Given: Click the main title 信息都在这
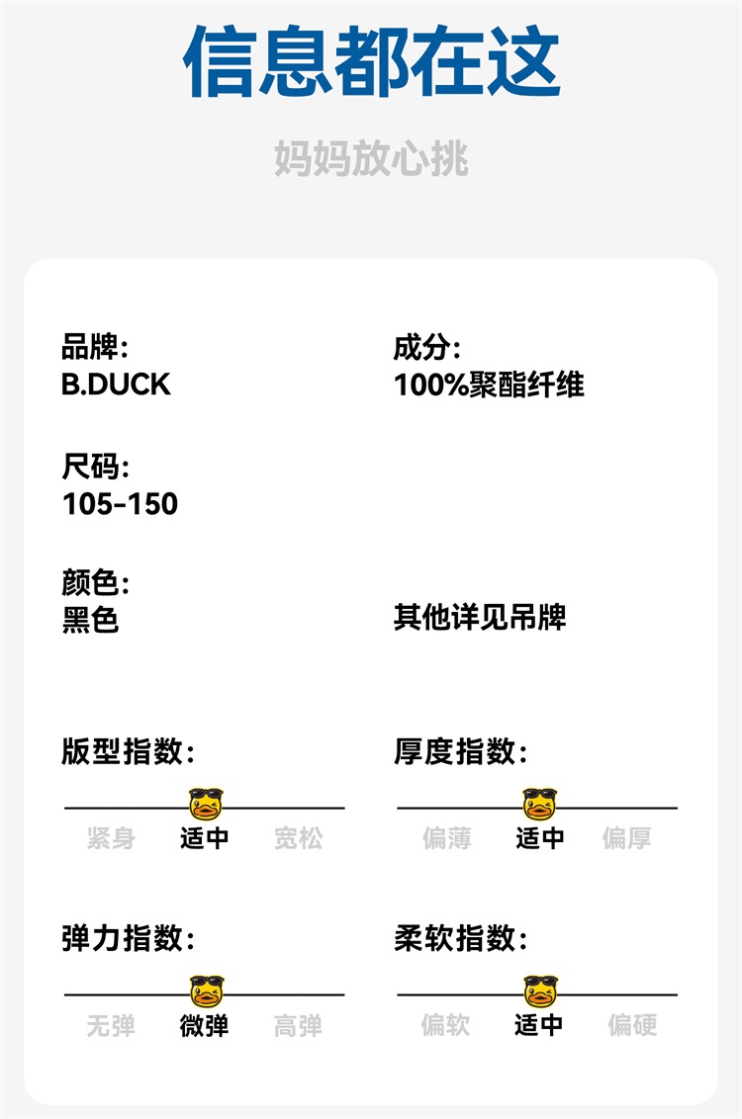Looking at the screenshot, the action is [x=372, y=61].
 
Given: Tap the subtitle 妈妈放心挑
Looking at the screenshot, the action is [x=371, y=159].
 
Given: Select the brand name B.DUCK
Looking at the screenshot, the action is [x=116, y=385].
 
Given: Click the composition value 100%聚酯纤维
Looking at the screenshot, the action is [x=489, y=385].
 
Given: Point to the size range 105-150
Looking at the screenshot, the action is [x=120, y=503].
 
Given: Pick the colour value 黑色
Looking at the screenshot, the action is [x=90, y=620].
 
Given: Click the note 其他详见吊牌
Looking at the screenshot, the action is [x=480, y=619].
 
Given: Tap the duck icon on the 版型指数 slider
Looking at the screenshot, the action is [x=206, y=804].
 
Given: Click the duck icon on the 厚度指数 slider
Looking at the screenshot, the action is [x=539, y=804].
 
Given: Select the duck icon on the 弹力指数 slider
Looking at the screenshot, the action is [x=207, y=990].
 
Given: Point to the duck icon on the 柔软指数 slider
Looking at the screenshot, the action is [x=540, y=990].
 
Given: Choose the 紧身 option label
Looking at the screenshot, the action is [x=111, y=839].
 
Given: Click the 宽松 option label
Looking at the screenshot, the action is [x=298, y=839].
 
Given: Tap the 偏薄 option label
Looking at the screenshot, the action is [x=446, y=839].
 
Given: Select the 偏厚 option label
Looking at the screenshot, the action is [x=627, y=839].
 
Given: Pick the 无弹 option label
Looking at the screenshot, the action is [x=111, y=1026].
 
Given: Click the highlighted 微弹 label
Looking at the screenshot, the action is [x=205, y=1026].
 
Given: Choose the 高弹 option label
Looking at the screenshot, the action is [x=298, y=1026].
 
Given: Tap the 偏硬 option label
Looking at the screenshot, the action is [x=632, y=1025].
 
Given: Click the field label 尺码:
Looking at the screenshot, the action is [x=95, y=467].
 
